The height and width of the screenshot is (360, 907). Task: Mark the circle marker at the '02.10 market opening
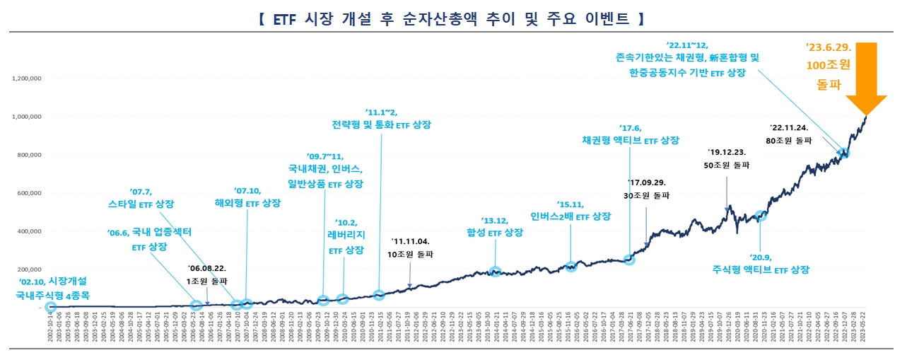[x=50, y=307]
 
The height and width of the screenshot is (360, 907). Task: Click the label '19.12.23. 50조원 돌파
[x=727, y=158]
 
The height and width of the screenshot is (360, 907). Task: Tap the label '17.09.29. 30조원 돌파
[x=647, y=188]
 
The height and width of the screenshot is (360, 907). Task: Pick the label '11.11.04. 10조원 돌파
[x=411, y=247]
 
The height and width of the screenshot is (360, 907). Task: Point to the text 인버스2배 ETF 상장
[x=570, y=216]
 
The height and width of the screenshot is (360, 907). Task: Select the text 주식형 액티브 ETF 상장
[x=761, y=269]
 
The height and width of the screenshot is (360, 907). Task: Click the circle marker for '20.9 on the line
[x=761, y=216]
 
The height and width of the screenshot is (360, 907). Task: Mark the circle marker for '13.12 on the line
[x=496, y=272]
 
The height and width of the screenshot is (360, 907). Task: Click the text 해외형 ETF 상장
[x=247, y=203]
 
